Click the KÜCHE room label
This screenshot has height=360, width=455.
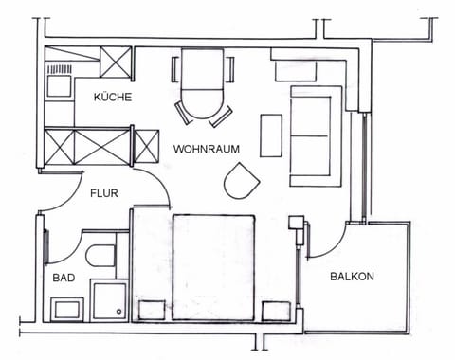112,98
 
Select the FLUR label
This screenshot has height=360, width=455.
104,192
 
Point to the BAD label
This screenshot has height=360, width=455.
63,279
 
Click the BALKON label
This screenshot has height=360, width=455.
352,277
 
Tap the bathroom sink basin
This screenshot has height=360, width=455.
68,308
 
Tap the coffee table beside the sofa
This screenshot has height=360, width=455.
271,135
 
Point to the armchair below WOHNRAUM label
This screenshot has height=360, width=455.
241,179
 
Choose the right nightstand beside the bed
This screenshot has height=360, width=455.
276,310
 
